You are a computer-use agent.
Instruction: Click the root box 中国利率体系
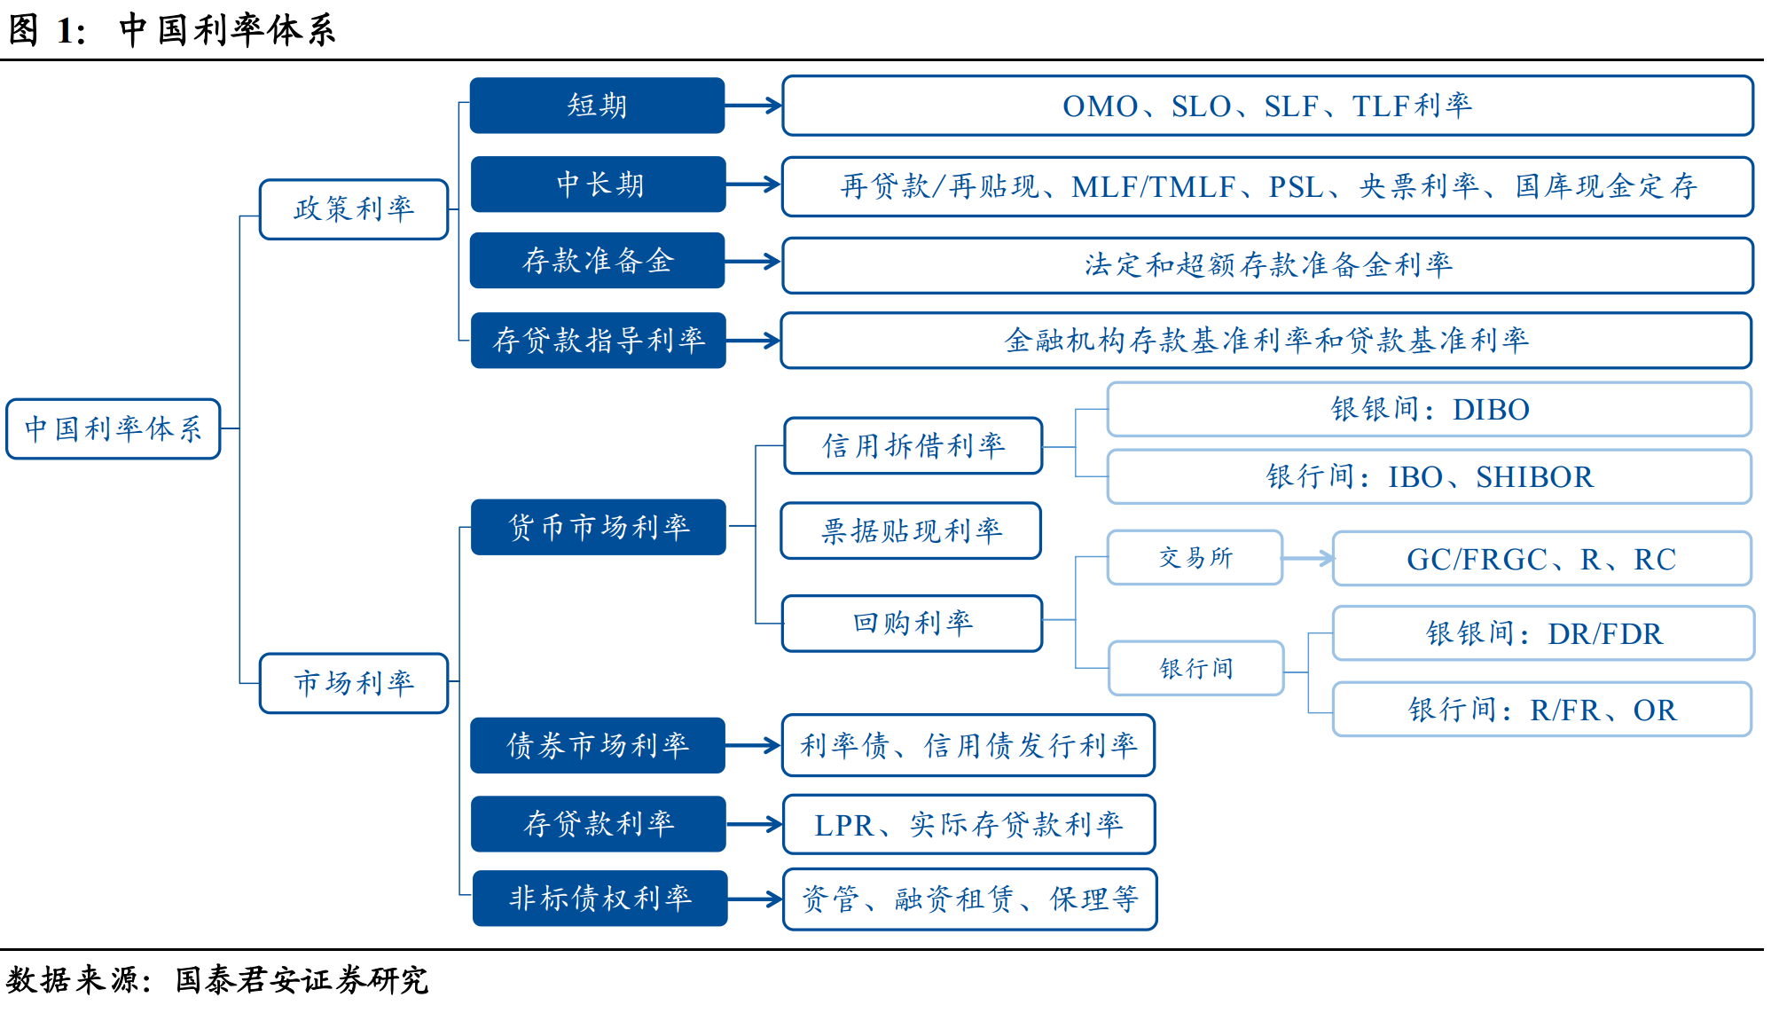tap(113, 428)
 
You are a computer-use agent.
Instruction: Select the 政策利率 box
tap(353, 209)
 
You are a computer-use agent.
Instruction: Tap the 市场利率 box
tap(353, 683)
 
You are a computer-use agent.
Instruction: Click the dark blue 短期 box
tap(597, 106)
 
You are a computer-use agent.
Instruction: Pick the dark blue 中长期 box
tap(598, 185)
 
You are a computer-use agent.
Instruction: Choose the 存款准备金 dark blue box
tap(597, 261)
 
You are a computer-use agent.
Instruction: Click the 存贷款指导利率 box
tap(598, 340)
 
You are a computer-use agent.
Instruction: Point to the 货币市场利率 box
tap(598, 527)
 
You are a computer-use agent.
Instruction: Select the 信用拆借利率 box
tap(913, 445)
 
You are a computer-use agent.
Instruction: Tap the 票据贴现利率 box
tap(911, 530)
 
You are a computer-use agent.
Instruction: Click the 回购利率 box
tap(912, 623)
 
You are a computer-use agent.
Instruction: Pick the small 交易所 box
tap(1195, 558)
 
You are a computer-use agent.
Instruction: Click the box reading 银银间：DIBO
tap(1429, 409)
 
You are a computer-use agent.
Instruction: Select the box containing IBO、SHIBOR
tap(1429, 476)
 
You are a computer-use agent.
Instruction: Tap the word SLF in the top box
tap(1290, 106)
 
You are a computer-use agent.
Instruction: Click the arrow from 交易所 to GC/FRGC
tap(1307, 558)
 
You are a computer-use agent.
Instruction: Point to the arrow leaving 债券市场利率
tap(753, 745)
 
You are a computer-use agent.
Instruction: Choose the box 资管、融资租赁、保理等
tap(969, 899)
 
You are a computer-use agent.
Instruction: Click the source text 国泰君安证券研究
tap(302, 980)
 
